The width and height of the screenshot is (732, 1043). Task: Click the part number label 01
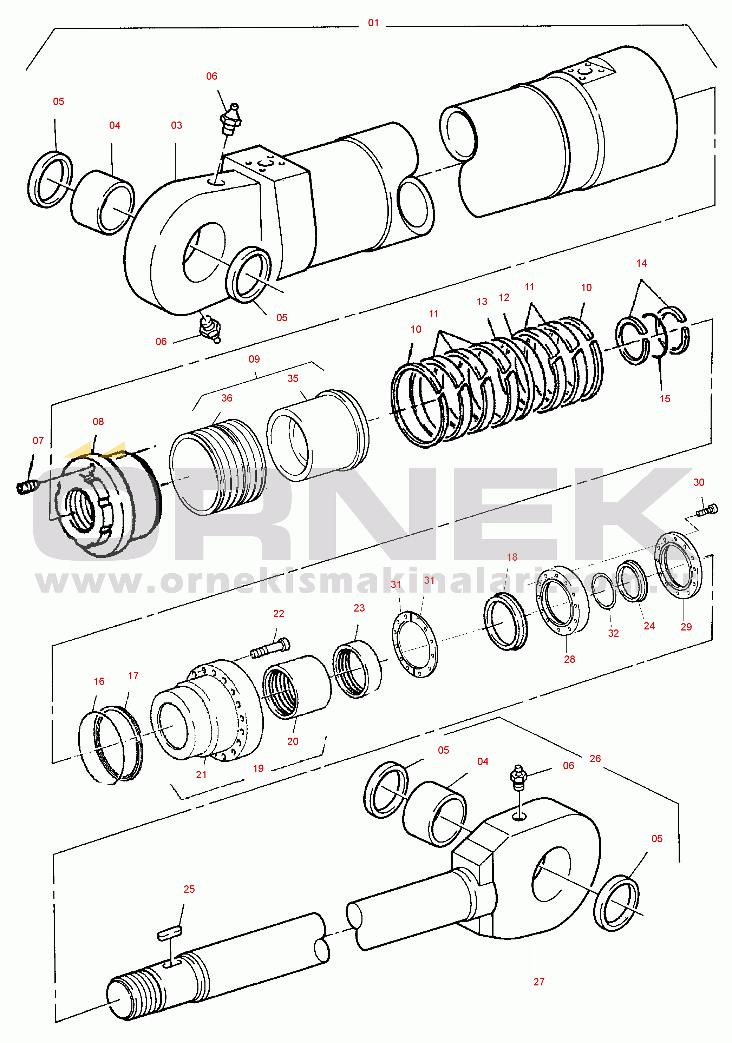pos(373,23)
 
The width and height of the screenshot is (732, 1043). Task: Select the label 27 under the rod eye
pos(538,982)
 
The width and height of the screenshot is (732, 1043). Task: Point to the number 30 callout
pos(698,482)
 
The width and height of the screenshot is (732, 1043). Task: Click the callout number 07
pos(38,441)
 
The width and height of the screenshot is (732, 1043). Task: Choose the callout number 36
pos(227,398)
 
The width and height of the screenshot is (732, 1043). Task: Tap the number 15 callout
pos(665,399)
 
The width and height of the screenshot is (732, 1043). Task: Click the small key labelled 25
pos(170,934)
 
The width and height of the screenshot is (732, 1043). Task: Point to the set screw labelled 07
pos(26,487)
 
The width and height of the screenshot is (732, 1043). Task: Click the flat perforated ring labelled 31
pos(415,644)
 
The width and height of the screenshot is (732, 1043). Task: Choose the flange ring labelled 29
pos(678,565)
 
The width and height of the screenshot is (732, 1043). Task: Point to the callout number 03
pos(176,125)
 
